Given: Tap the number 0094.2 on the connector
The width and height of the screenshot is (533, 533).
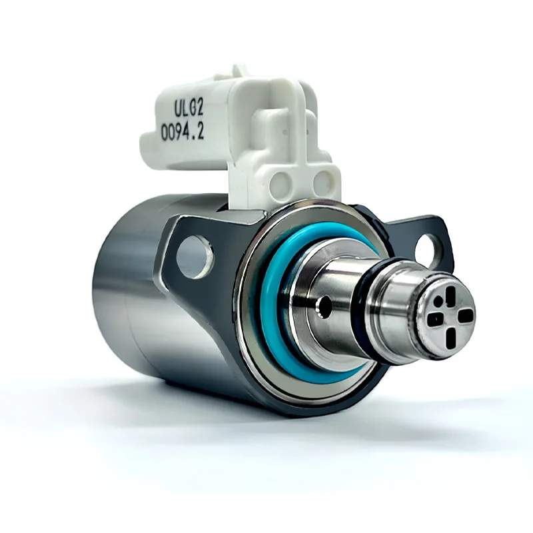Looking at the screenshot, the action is [182, 133].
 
